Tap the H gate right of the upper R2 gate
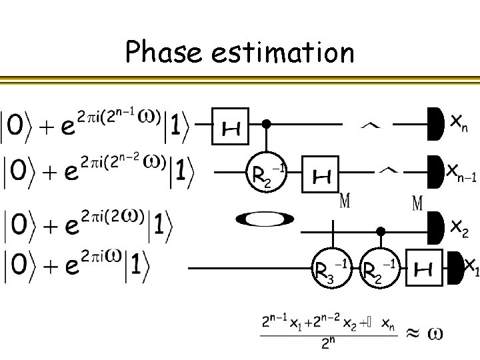click(321, 175)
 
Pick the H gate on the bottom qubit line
click(424, 268)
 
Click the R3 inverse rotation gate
click(331, 269)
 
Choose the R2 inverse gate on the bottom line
click(379, 269)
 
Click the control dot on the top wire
click(266, 124)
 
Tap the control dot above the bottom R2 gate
click(381, 231)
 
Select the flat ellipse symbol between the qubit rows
click(265, 219)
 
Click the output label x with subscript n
click(458, 123)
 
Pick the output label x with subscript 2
click(459, 228)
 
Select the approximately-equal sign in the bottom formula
click(413, 331)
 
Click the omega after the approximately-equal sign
click(435, 331)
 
